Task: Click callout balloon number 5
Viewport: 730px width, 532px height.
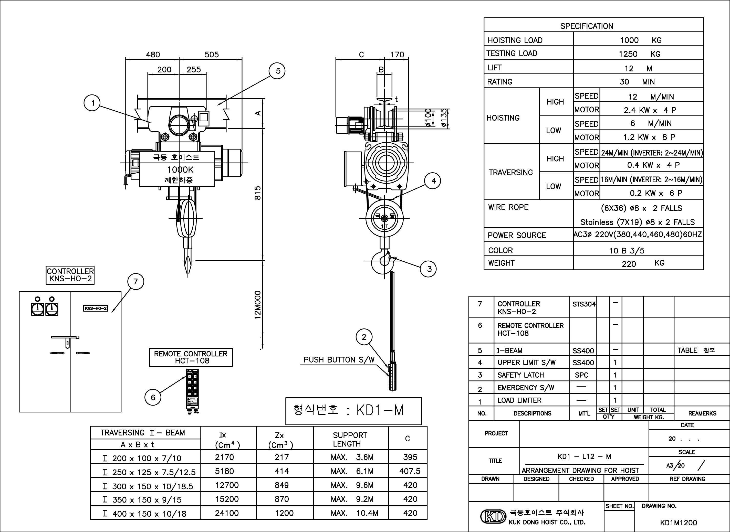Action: (278, 71)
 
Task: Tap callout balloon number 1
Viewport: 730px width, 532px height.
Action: (92, 103)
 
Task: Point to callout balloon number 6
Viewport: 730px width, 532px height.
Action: (153, 397)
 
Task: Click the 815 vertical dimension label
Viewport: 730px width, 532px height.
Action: (258, 193)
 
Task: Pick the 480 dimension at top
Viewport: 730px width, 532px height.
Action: (153, 55)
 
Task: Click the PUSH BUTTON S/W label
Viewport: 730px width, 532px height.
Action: (339, 360)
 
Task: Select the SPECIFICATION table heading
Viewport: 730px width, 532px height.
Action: (587, 26)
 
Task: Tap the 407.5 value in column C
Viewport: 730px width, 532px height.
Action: (410, 471)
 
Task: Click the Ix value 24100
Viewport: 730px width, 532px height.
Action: (227, 513)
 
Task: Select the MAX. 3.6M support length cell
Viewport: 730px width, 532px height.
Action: (352, 457)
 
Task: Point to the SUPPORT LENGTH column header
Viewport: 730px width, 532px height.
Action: (350, 439)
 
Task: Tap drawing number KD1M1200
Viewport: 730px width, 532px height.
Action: (679, 523)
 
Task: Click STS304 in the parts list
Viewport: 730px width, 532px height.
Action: (584, 304)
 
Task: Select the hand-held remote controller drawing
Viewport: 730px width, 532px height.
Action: (192, 390)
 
